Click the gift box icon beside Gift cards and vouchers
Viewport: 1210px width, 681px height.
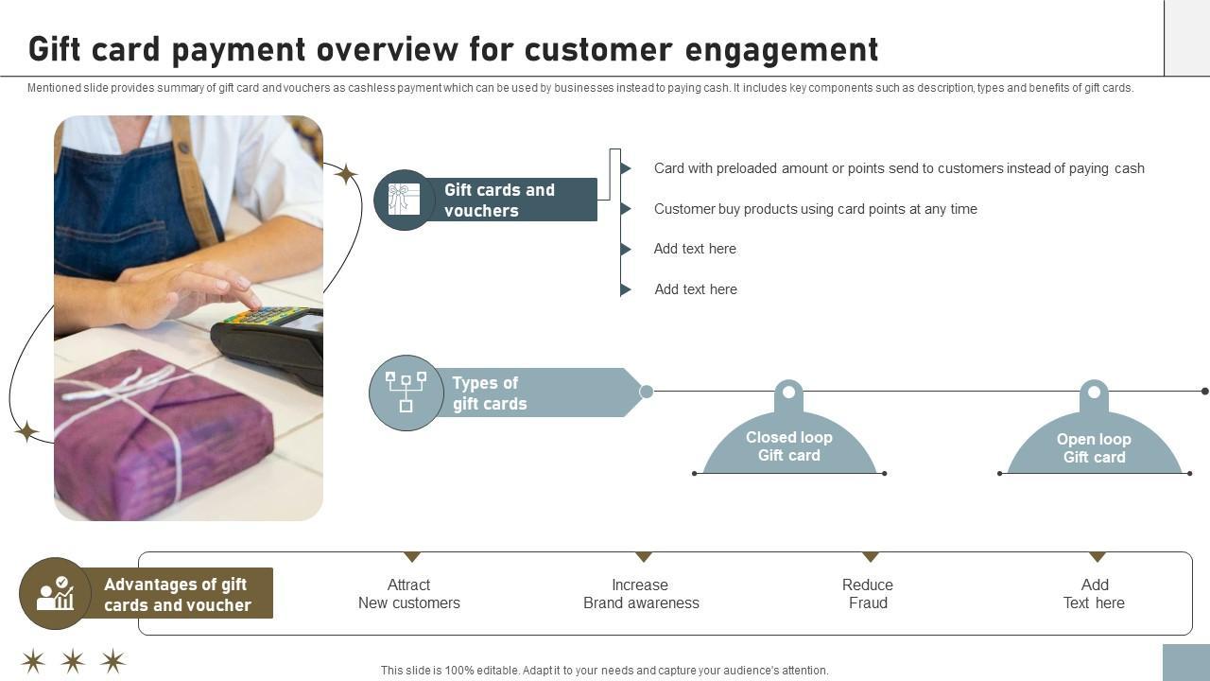(x=404, y=200)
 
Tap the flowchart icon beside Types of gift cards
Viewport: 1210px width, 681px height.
(x=406, y=393)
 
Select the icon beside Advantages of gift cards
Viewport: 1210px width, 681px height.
(x=55, y=594)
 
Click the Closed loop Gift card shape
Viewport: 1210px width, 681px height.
(x=789, y=445)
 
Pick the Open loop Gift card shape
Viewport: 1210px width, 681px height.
(x=1094, y=447)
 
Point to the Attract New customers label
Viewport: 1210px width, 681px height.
(x=408, y=594)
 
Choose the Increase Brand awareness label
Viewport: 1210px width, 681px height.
(x=641, y=594)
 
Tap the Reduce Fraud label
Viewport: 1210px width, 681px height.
(x=868, y=594)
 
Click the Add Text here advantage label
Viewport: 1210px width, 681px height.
(x=1094, y=594)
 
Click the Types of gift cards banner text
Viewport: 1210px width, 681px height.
(x=489, y=393)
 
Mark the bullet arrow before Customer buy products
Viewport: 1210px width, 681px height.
(x=626, y=209)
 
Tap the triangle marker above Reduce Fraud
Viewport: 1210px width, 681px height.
(x=871, y=557)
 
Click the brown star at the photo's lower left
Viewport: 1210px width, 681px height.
(x=26, y=432)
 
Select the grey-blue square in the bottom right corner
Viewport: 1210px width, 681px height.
(x=1185, y=662)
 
